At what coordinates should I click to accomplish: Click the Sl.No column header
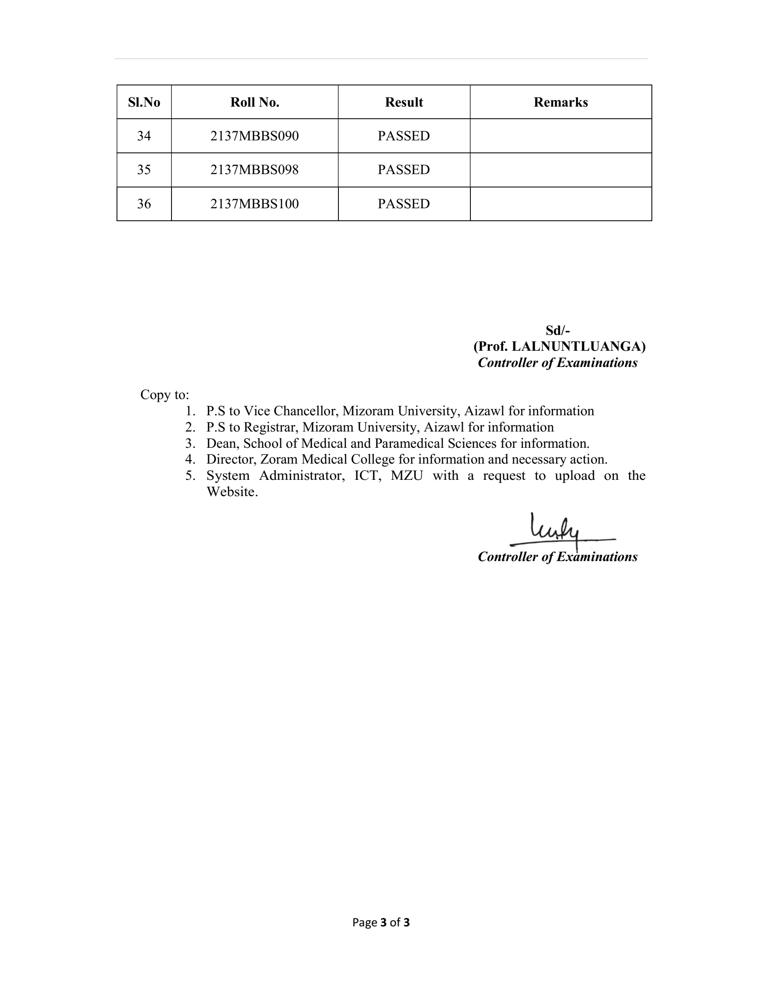click(x=144, y=102)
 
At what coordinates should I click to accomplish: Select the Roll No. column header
click(x=254, y=102)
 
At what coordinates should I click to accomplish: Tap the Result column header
click(x=404, y=102)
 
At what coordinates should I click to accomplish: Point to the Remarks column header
click(x=561, y=102)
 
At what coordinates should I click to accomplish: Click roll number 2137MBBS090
click(x=254, y=136)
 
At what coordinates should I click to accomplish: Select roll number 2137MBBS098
click(x=254, y=170)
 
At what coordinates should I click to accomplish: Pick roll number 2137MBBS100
click(x=254, y=204)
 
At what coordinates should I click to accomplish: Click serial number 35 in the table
click(x=144, y=170)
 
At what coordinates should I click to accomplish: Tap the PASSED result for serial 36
click(x=404, y=204)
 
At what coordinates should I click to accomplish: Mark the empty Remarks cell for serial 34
click(x=561, y=136)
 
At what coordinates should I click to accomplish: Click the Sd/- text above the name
click(x=557, y=330)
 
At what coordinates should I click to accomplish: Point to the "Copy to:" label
click(x=164, y=395)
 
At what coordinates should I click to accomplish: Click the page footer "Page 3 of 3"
click(x=381, y=923)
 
